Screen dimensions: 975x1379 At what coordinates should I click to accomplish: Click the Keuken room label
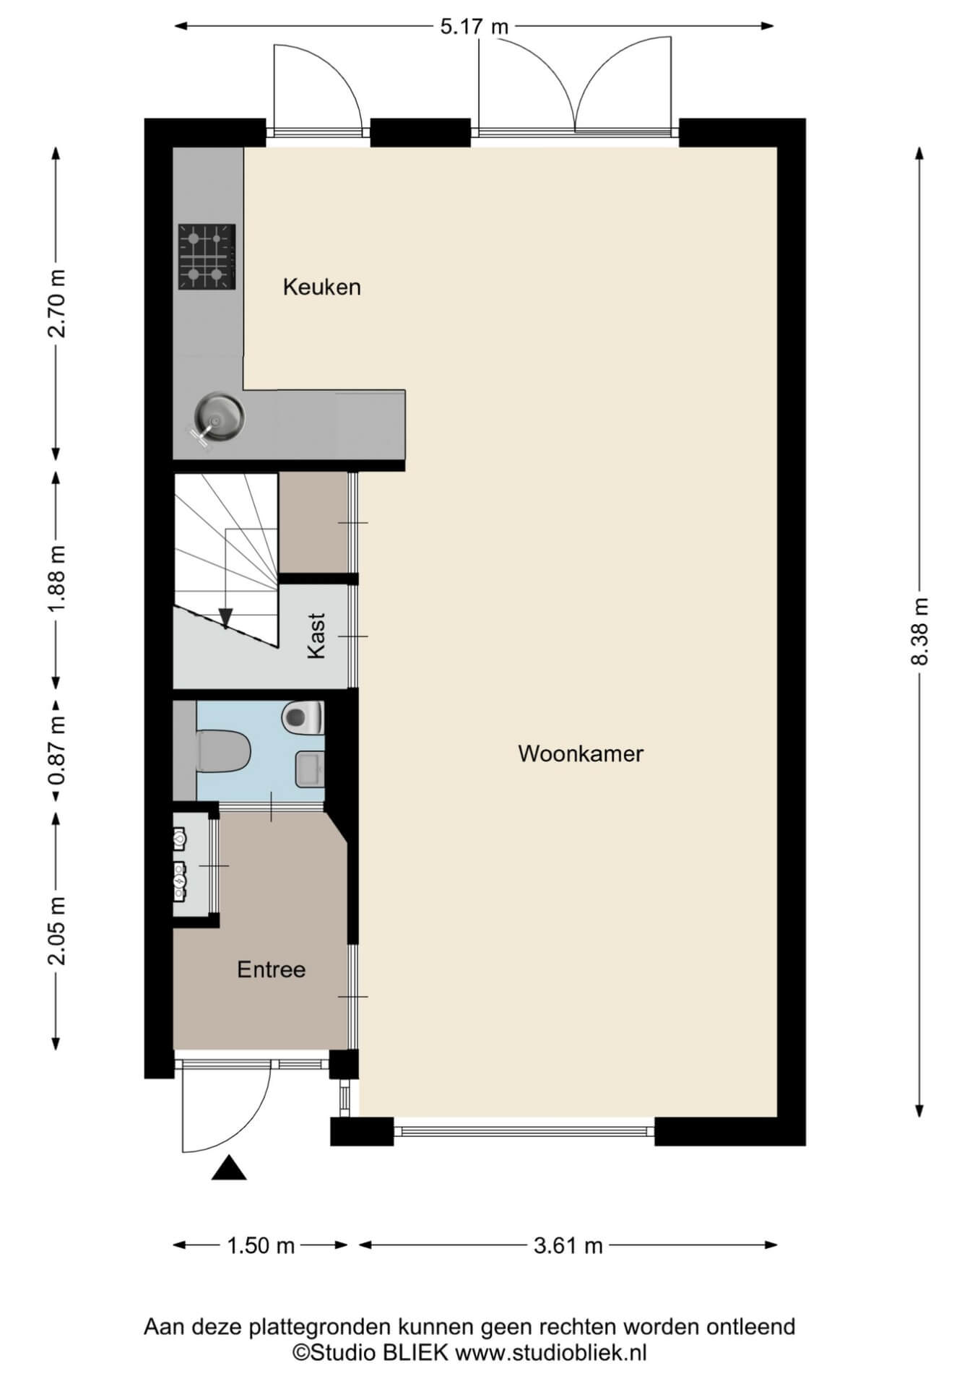coord(321,287)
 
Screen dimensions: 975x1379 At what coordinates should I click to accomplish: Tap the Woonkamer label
coord(581,753)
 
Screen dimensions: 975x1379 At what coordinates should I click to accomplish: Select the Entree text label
coord(271,969)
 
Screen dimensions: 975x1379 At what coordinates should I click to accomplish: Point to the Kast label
coord(316,636)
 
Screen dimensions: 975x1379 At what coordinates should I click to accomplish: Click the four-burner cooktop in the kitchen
coord(207,256)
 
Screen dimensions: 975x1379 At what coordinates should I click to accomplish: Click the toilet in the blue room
coord(223,751)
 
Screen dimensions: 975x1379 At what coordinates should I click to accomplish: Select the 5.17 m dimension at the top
coord(474,27)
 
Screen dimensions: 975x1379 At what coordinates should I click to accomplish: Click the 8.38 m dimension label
coord(919,631)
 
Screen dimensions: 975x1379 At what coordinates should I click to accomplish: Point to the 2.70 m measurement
coord(56,303)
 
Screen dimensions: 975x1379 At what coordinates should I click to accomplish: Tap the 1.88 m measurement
coord(56,579)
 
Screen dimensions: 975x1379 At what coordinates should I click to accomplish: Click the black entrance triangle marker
coord(229,1167)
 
